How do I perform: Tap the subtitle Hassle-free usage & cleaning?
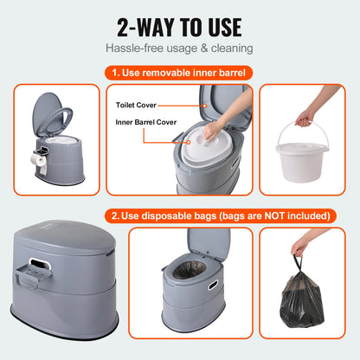click(179, 48)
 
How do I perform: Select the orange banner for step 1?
click(179, 73)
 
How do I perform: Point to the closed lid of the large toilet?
click(61, 241)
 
